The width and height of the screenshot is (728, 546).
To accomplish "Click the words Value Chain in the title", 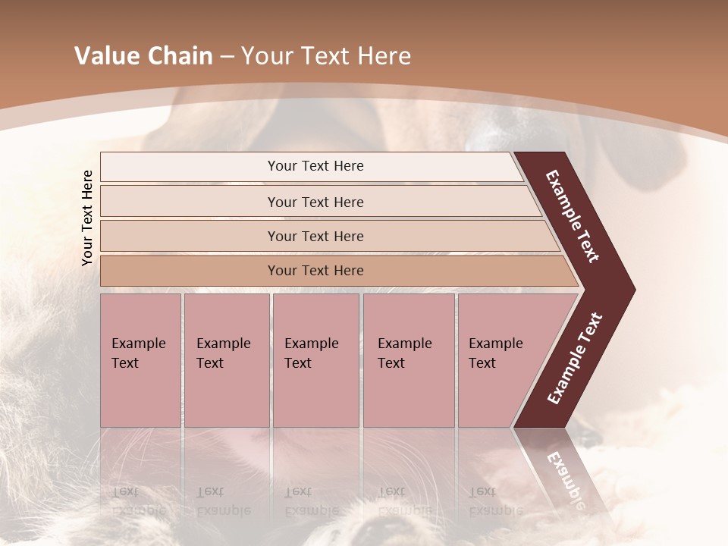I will [x=143, y=56].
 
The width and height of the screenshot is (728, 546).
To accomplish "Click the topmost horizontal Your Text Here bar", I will [x=315, y=166].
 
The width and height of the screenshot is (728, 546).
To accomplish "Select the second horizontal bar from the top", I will [x=315, y=202].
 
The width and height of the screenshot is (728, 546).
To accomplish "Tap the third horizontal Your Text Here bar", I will [x=315, y=236].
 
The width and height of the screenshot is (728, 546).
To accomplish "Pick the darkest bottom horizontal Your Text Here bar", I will [x=315, y=271].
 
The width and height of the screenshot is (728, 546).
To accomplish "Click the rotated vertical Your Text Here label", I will [x=87, y=218].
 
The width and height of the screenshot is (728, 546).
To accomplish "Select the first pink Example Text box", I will [x=140, y=359].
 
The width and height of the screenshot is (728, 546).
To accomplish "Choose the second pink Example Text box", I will [x=226, y=359].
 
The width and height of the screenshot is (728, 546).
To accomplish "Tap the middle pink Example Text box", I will [x=315, y=359].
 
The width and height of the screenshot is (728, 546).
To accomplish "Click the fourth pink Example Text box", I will [x=408, y=359].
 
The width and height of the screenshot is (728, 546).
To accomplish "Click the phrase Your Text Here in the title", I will [x=326, y=56].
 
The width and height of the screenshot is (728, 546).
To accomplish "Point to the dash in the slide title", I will [x=227, y=56].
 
